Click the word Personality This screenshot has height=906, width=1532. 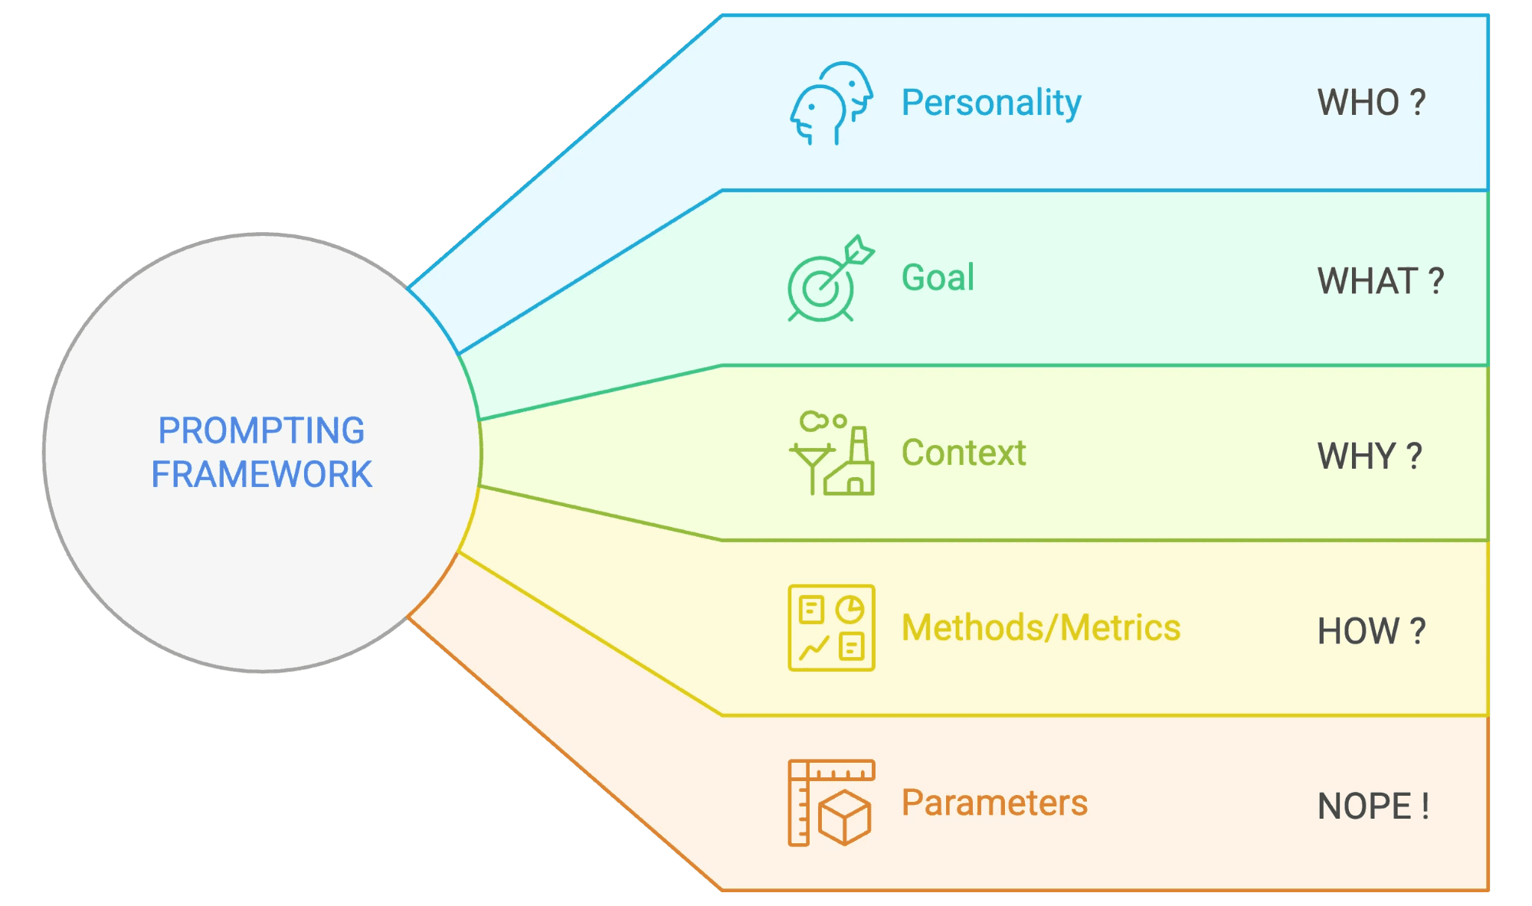coord(990,103)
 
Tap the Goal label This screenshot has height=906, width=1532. coord(938,277)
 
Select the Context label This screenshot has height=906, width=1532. coord(963,453)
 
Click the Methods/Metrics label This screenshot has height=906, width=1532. coord(1040,628)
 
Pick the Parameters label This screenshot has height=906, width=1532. coord(994,803)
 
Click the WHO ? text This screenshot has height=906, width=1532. coord(1371,103)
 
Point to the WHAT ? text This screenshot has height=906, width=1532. coord(1380,281)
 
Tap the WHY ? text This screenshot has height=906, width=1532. coord(1370,456)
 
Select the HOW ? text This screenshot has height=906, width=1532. coord(1371,632)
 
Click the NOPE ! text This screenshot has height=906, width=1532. coord(1373,806)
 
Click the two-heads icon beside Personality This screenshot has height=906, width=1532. coord(831,103)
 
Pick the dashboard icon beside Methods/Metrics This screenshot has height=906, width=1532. coord(831,628)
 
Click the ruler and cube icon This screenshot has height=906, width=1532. coord(831,803)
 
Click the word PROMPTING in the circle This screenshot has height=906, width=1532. coord(261,430)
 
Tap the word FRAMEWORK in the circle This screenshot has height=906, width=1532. coord(261,475)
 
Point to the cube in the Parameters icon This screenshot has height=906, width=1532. coord(844,818)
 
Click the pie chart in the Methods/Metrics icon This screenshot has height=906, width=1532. coord(849,610)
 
